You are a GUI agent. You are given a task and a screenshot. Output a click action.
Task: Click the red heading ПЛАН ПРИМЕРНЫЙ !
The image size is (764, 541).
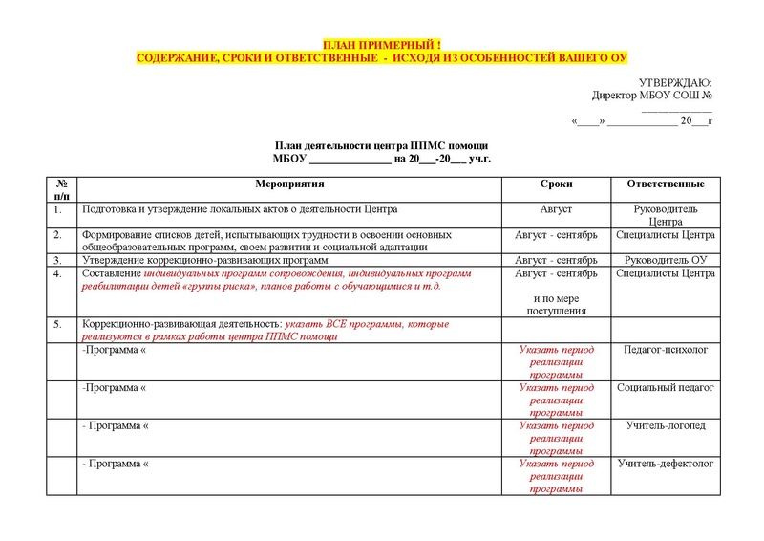(x=381, y=46)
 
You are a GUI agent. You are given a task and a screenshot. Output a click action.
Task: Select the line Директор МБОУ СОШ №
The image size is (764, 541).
(x=652, y=96)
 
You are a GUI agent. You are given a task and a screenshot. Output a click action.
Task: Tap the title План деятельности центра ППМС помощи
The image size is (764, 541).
(x=381, y=144)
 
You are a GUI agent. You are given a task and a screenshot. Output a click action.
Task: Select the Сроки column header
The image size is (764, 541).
(x=556, y=183)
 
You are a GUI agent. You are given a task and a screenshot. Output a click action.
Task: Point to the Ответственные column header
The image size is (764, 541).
(x=666, y=183)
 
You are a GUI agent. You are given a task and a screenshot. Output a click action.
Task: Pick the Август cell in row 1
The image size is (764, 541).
(x=556, y=208)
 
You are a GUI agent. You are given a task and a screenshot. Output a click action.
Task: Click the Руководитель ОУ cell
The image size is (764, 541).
(x=666, y=259)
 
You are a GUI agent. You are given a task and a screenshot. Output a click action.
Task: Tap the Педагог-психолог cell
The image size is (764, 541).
(x=666, y=351)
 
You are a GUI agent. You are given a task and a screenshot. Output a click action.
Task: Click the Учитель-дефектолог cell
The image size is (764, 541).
(x=666, y=463)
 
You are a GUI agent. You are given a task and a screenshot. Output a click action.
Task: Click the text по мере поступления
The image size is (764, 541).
(x=556, y=304)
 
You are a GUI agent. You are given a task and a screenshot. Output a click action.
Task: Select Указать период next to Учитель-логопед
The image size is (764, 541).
(x=556, y=424)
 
